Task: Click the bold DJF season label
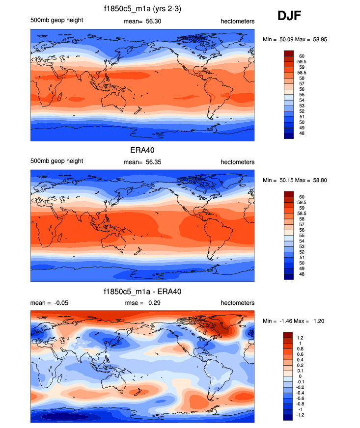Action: [290, 16]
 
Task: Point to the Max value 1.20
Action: [317, 321]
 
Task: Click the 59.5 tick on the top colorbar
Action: [302, 62]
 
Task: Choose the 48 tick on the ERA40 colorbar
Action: [300, 274]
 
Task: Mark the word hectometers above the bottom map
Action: [237, 303]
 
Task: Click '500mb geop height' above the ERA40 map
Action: [56, 161]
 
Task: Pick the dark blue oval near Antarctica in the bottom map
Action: [66, 417]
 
